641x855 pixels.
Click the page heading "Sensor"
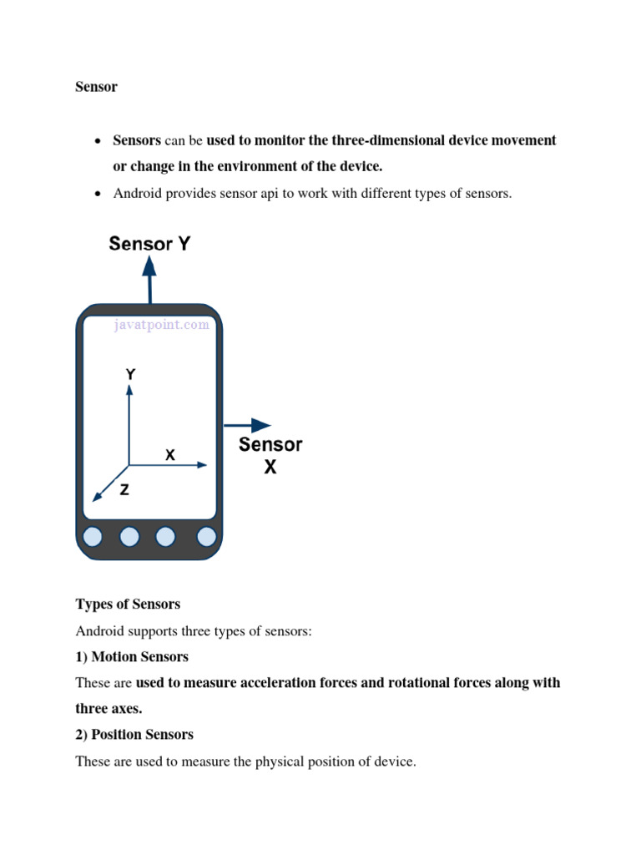click(x=96, y=87)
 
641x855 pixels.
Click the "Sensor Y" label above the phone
click(x=150, y=244)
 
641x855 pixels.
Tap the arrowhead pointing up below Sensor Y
click(x=150, y=266)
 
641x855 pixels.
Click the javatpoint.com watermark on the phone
click(x=162, y=325)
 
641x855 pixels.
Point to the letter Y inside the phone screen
click(x=130, y=376)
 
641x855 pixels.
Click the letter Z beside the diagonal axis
click(x=124, y=491)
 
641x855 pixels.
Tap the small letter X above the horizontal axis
click(x=170, y=455)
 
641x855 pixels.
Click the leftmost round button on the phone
click(x=93, y=536)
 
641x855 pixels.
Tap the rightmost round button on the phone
click(x=205, y=536)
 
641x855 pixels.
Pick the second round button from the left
click(x=130, y=536)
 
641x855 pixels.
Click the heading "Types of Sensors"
click(x=128, y=604)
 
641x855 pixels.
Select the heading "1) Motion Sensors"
click(x=132, y=656)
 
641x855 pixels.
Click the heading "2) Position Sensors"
click(x=134, y=734)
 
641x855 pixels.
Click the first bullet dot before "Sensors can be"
click(x=97, y=141)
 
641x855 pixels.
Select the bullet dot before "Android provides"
click(x=97, y=195)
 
